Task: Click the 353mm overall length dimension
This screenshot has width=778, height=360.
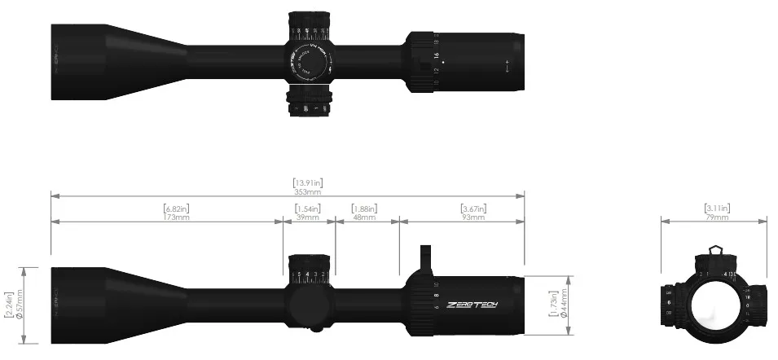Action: [307, 192]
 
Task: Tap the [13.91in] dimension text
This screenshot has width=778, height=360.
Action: [307, 182]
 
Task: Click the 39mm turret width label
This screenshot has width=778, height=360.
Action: [307, 217]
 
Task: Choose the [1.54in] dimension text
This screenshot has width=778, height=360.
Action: [307, 209]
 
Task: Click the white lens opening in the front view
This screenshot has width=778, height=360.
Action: [714, 305]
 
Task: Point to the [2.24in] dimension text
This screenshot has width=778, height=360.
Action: [8, 305]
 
